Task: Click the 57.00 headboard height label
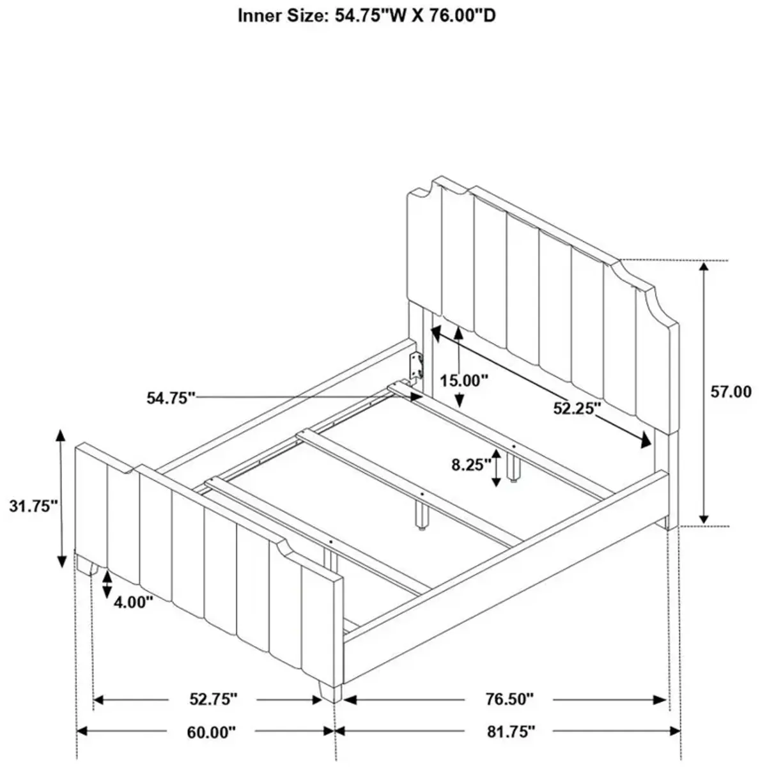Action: (x=730, y=392)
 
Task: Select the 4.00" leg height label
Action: (x=132, y=602)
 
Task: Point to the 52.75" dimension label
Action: (x=213, y=699)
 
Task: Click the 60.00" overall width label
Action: (x=210, y=732)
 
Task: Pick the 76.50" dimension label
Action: (x=509, y=699)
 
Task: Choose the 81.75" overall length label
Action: (x=511, y=732)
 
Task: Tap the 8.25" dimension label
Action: (x=471, y=465)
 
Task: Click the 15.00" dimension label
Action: (x=463, y=380)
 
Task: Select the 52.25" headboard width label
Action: (x=577, y=408)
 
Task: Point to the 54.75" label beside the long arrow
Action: (x=170, y=398)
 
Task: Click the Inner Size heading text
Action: (x=366, y=16)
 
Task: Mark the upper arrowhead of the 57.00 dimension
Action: (x=703, y=268)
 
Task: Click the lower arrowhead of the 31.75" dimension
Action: (x=61, y=561)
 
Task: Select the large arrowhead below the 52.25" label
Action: (x=646, y=440)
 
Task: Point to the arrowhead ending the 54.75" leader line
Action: (x=415, y=398)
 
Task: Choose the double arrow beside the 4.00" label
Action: (x=107, y=584)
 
